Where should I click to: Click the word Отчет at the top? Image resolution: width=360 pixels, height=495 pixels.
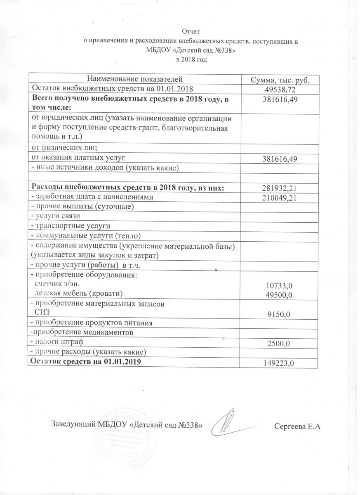[x=191, y=31]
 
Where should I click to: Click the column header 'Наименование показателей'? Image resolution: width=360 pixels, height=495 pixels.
[x=134, y=79]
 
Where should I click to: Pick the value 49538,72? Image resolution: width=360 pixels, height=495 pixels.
[x=280, y=89]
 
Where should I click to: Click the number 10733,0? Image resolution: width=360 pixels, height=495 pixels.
[x=280, y=285]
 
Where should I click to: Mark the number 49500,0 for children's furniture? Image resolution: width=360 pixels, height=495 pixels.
[x=280, y=294]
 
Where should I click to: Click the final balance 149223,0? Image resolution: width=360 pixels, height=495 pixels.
[x=280, y=363]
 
